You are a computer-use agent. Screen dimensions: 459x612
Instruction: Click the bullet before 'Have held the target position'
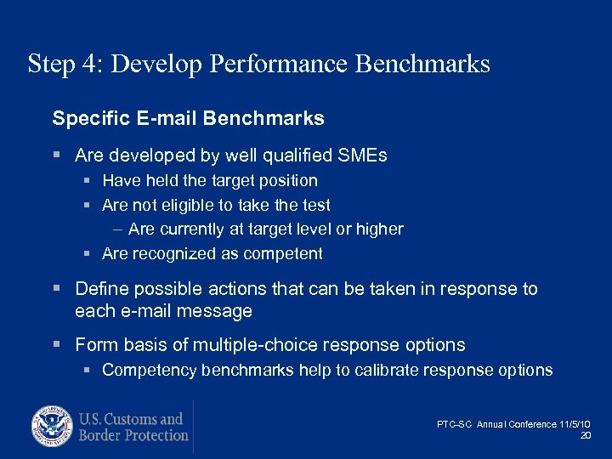point(88,181)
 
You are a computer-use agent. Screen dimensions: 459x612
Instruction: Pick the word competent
point(284,253)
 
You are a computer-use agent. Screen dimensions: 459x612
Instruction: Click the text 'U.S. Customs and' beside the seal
point(131,419)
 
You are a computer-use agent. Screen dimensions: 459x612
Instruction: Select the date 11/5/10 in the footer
point(576,423)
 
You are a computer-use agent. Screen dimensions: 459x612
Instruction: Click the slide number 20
point(585,436)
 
